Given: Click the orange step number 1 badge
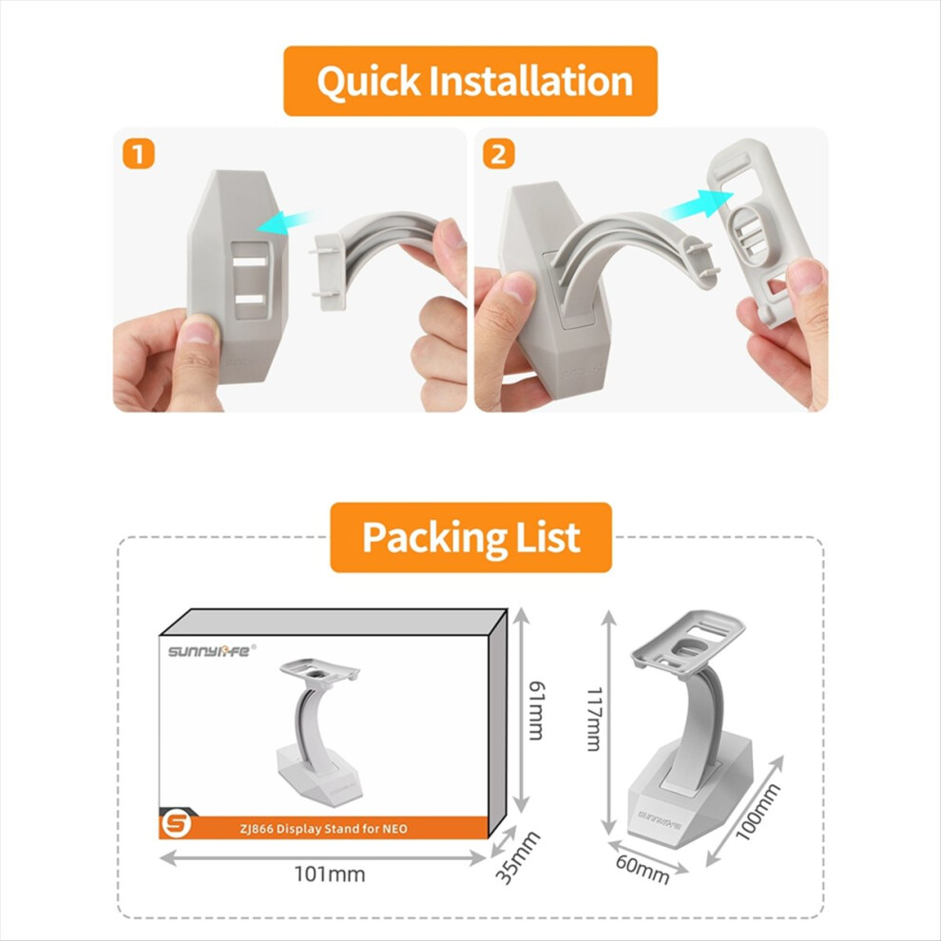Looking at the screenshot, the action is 139,154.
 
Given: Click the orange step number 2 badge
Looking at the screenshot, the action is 499,154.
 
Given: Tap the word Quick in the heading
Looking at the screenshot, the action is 369,82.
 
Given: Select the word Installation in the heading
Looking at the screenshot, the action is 531,81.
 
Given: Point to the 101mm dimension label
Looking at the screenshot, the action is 330,874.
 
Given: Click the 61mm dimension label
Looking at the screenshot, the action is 536,711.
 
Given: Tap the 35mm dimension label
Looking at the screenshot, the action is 517,857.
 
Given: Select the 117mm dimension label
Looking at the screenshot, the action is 593,719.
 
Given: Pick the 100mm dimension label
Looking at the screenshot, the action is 758,812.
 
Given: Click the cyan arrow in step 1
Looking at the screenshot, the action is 284,221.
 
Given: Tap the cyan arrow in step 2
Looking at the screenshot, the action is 698,204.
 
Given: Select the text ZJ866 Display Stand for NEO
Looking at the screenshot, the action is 323,829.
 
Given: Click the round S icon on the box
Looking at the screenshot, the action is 177,824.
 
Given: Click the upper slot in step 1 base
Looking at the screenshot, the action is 250,261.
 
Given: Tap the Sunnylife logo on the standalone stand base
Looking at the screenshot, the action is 659,818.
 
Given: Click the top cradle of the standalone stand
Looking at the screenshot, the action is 688,640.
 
